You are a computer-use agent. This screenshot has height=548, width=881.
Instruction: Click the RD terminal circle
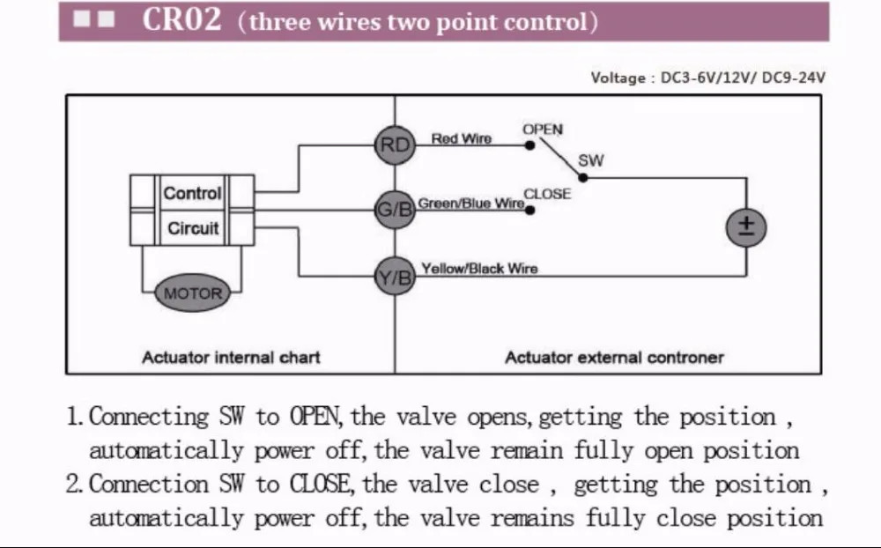tap(394, 146)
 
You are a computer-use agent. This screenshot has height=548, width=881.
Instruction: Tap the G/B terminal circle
tap(394, 211)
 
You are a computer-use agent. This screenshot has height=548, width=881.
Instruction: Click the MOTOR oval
tap(193, 293)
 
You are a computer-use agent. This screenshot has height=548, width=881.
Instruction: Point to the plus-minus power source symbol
tap(746, 227)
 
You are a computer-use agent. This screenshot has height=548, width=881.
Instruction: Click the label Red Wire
tap(461, 139)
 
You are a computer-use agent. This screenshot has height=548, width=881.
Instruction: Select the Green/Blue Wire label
tap(470, 204)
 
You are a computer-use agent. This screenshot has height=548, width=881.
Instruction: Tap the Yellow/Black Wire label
tap(478, 269)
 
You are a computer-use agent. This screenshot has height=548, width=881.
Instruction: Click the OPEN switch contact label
tap(542, 130)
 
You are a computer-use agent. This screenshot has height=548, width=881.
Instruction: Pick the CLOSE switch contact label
tap(547, 194)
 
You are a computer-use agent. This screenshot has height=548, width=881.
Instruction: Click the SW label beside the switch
tap(590, 161)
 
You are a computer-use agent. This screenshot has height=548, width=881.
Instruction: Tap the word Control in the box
tap(193, 193)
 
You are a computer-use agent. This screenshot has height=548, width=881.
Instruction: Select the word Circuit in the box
tap(193, 228)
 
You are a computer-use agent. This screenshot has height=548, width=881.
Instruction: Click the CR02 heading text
tap(182, 20)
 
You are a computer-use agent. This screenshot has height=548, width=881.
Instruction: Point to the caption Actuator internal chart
tap(231, 358)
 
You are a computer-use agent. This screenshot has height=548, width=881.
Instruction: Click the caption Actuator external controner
tap(613, 358)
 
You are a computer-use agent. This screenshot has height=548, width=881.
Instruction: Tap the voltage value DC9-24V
tap(793, 78)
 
